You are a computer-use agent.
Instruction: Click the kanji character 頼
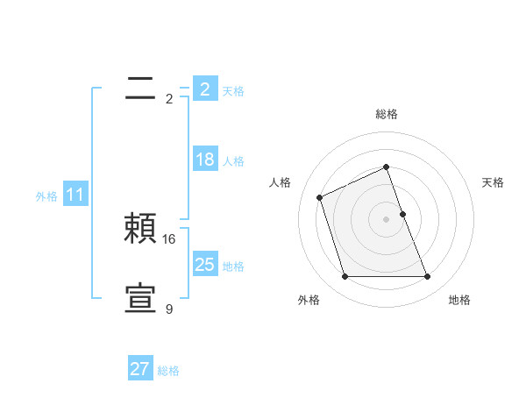[x=140, y=230]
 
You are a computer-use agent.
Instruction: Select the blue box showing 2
[x=204, y=89]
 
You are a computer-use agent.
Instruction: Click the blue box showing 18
[x=204, y=160]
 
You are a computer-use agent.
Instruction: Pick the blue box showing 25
[x=204, y=265]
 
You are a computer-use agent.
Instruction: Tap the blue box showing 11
[x=75, y=195]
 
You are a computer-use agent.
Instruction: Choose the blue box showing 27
[x=139, y=369]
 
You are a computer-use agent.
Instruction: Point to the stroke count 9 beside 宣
[x=169, y=309]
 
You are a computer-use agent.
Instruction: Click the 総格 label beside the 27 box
[x=168, y=371]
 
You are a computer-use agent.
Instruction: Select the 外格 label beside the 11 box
[x=46, y=196]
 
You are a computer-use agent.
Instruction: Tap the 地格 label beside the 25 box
[x=233, y=266]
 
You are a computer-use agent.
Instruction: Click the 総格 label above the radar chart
[x=386, y=114]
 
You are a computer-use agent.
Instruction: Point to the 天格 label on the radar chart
[x=493, y=182]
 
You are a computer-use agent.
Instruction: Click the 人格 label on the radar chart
[x=280, y=182]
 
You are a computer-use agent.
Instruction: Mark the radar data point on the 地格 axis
[x=427, y=277]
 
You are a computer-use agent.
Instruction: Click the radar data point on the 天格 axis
[x=402, y=214]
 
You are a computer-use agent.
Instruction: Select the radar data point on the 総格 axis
[x=386, y=167]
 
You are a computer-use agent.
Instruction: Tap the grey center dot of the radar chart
[x=386, y=219]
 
